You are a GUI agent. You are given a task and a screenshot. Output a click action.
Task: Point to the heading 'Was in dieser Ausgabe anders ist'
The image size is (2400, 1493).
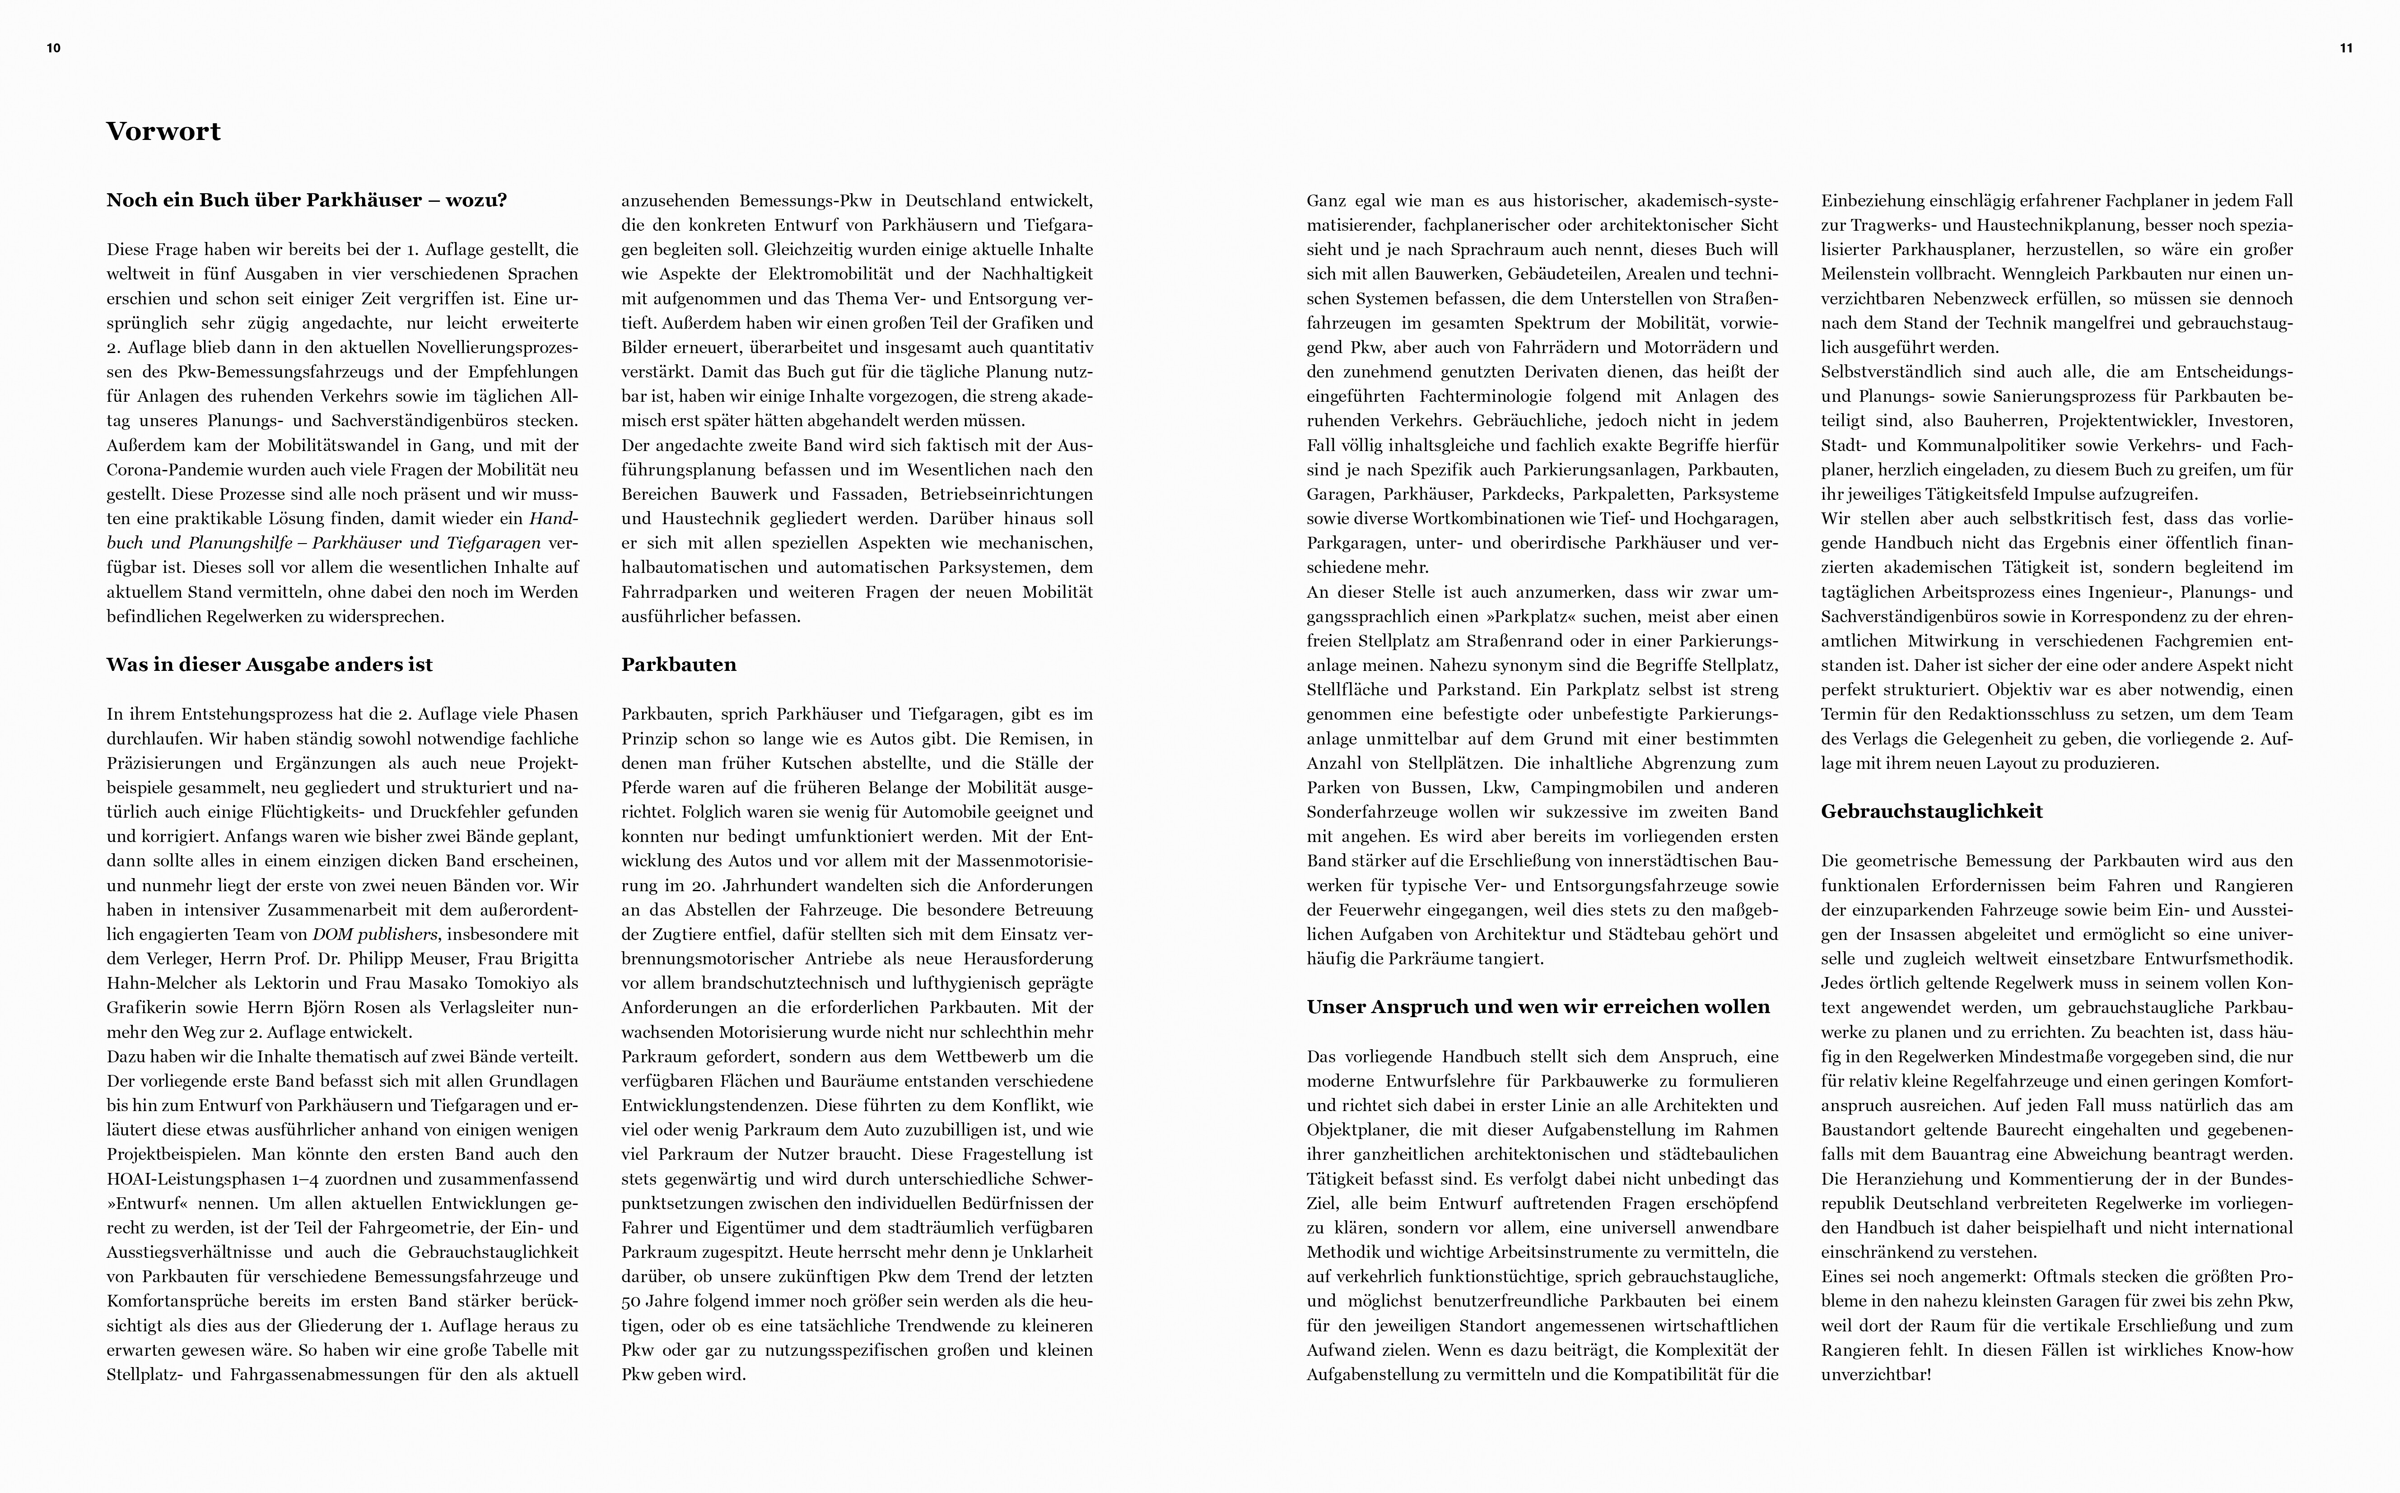coord(270,665)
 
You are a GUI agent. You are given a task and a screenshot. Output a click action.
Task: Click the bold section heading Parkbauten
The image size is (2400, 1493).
coord(679,665)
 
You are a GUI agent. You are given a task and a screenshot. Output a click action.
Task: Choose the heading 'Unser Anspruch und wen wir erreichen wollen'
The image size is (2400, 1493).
coord(1538,1007)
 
